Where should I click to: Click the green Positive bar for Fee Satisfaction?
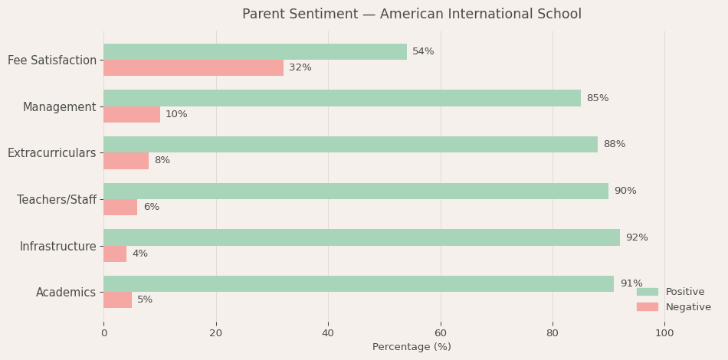coord(255,51)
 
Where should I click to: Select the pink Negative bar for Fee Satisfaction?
coord(193,68)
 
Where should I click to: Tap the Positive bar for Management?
coord(342,98)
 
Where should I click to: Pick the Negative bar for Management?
coord(132,115)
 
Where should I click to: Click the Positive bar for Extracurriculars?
coord(350,145)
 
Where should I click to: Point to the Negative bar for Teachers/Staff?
coord(120,208)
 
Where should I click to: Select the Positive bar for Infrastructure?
coord(362,237)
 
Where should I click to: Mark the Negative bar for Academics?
coord(118,300)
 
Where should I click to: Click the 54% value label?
coord(423,51)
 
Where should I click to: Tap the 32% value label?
coord(300,68)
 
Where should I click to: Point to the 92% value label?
coord(637,237)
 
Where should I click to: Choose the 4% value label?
coord(140,254)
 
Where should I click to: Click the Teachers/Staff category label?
coord(57,200)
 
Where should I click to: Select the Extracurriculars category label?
coord(52,153)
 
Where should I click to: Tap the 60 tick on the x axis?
coord(441,333)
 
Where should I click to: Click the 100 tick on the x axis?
coord(664,333)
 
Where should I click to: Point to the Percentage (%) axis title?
coord(412,347)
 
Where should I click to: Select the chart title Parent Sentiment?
coord(412,15)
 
